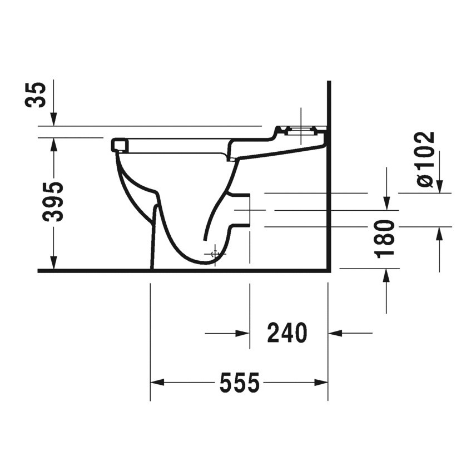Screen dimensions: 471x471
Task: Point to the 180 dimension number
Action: [386, 239]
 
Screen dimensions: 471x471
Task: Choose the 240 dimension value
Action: [287, 334]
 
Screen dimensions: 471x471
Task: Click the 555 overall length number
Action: [239, 383]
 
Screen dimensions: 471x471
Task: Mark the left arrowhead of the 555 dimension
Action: [157, 383]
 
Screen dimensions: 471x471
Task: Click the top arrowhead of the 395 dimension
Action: [53, 143]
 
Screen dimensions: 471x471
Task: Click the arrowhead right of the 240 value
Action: [335, 334]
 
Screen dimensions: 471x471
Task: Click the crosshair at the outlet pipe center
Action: [249, 210]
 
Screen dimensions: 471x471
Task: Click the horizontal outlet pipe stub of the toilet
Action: [241, 210]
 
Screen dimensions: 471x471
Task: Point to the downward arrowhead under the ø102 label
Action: [439, 187]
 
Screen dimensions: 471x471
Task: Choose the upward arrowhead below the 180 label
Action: [386, 275]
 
